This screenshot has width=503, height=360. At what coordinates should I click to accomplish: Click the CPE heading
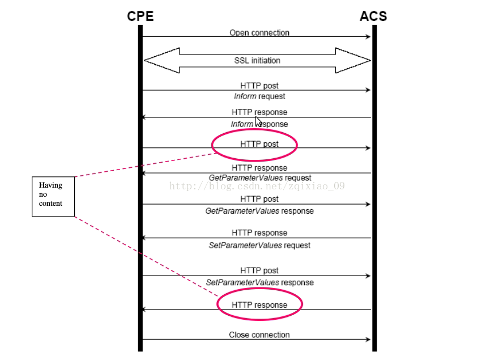pyautogui.click(x=140, y=16)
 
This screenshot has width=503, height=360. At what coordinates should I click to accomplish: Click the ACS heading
pyautogui.click(x=373, y=16)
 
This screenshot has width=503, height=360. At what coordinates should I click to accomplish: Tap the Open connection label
pyautogui.click(x=259, y=32)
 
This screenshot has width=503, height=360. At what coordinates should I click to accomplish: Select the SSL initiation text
pyautogui.click(x=257, y=60)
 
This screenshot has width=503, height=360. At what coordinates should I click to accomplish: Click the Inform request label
pyautogui.click(x=259, y=96)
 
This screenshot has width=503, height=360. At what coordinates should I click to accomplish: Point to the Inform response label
pyautogui.click(x=259, y=124)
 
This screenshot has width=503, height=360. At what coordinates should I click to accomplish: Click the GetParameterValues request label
pyautogui.click(x=260, y=177)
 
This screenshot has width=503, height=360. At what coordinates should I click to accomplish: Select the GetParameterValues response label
pyautogui.click(x=259, y=211)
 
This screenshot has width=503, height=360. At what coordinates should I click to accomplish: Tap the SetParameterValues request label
pyautogui.click(x=259, y=245)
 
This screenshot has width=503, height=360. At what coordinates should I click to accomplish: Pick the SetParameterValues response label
pyautogui.click(x=259, y=282)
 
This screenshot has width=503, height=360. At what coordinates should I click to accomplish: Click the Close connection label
pyautogui.click(x=259, y=334)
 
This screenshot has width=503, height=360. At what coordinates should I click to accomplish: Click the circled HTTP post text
pyautogui.click(x=259, y=143)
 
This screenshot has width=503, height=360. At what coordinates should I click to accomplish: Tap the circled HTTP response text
pyautogui.click(x=259, y=304)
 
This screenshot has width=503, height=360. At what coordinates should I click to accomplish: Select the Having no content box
pyautogui.click(x=53, y=196)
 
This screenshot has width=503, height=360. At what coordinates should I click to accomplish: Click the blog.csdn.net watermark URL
pyautogui.click(x=257, y=186)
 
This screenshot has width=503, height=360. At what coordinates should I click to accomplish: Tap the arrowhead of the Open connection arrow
pyautogui.click(x=368, y=37)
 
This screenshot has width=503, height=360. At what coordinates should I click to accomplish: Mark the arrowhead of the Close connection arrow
pyautogui.click(x=368, y=340)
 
